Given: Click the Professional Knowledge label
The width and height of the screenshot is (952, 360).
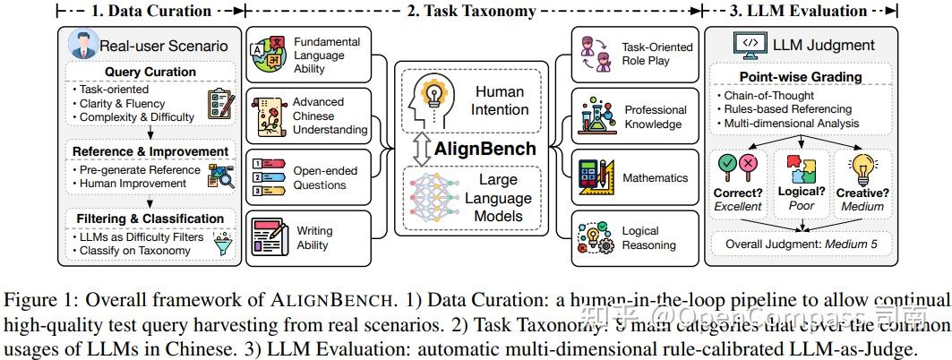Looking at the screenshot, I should pyautogui.click(x=655, y=116).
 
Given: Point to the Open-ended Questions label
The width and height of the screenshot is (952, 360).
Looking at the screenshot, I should pyautogui.click(x=325, y=177).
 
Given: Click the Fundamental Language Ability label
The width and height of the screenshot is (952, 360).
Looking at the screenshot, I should pyautogui.click(x=327, y=55).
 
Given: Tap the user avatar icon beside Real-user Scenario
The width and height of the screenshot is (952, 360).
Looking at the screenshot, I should pyautogui.click(x=81, y=45).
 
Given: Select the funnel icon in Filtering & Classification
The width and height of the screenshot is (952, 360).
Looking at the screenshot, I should pyautogui.click(x=219, y=243).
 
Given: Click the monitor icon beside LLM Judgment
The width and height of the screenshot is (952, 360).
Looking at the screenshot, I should pyautogui.click(x=748, y=45).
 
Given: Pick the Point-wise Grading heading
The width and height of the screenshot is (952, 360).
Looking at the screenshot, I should pyautogui.click(x=800, y=77).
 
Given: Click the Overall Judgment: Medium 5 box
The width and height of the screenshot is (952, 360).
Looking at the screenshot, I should pyautogui.click(x=801, y=242).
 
